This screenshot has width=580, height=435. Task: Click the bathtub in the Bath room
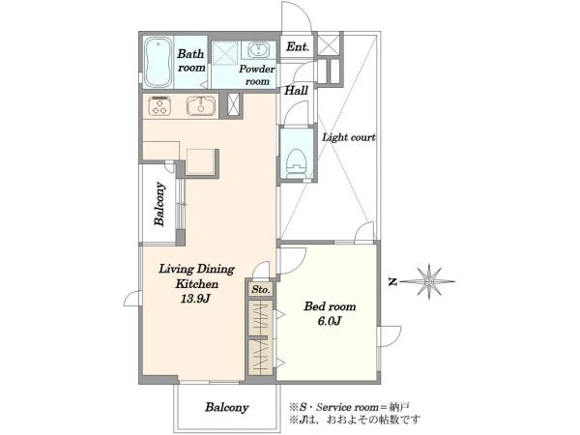tap(158, 62)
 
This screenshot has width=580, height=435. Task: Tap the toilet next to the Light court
tap(297, 162)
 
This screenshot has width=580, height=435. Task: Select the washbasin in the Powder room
tap(258, 50)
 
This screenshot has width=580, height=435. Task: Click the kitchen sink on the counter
tap(200, 106)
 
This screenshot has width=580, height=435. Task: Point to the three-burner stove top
tap(159, 105)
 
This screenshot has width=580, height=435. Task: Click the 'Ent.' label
tap(298, 46)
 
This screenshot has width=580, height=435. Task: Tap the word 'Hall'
tap(296, 90)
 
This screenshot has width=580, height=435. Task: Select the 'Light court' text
tap(348, 137)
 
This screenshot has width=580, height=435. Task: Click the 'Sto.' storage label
tap(260, 289)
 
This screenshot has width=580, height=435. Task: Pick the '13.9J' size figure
tap(195, 299)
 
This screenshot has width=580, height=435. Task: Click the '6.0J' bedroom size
tap(330, 321)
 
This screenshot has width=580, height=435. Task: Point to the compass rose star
tap(428, 281)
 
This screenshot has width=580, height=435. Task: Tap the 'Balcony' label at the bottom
tap(227, 407)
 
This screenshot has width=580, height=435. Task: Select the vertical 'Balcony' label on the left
tap(159, 204)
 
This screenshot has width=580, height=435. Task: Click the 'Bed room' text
tap(330, 306)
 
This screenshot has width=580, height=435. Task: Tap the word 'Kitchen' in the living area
tap(196, 284)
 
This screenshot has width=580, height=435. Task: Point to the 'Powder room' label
tap(257, 74)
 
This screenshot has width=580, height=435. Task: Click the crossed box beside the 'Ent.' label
tap(329, 44)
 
